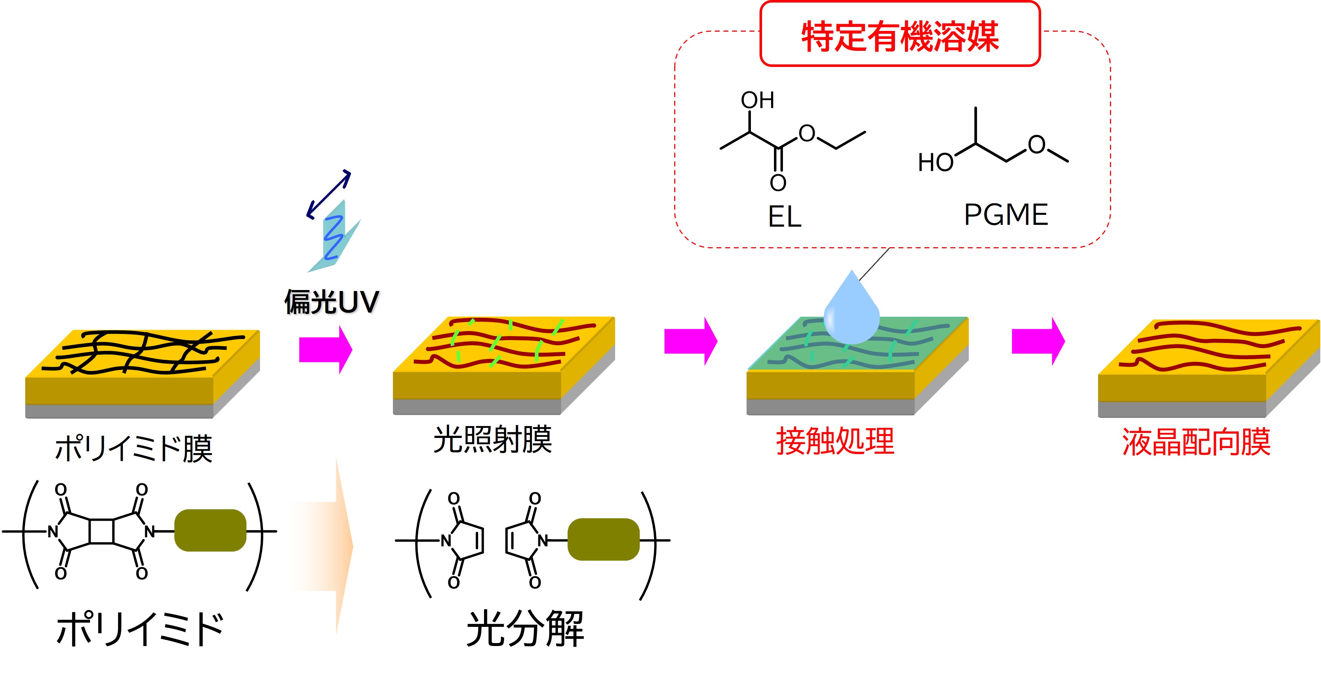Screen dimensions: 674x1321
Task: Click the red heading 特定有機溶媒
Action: coord(900,36)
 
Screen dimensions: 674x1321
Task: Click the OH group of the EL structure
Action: coord(757,100)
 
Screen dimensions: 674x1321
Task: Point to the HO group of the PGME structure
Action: coord(935,163)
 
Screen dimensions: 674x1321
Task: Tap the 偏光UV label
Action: coord(332,302)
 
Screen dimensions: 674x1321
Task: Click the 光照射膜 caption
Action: coord(492,440)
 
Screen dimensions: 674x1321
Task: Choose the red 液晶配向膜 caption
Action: coord(1196,442)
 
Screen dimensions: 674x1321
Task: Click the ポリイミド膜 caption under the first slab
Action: coord(133,449)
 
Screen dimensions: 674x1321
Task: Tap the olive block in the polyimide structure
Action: coord(210,530)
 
